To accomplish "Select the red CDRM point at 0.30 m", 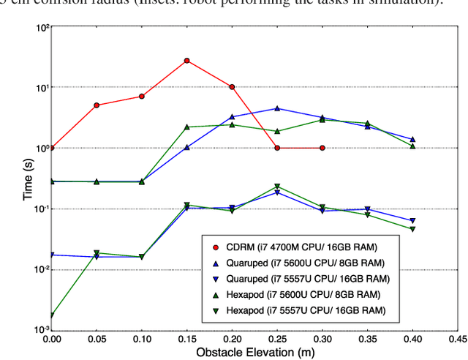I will pos(322,148).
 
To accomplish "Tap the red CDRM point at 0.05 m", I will pos(97,105).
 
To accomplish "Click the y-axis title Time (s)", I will pos(26,179).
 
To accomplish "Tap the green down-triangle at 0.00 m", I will pos(52,316).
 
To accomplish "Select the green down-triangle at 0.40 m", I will pos(412,229).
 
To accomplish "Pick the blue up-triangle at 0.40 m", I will pos(412,139).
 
